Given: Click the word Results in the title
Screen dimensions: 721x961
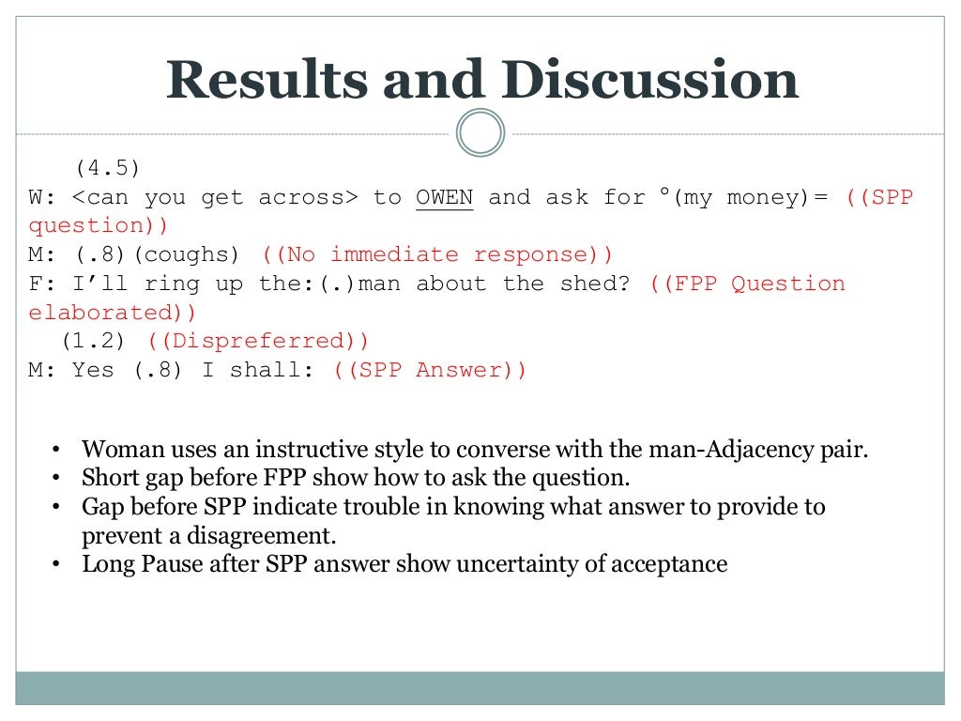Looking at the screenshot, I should [x=267, y=81].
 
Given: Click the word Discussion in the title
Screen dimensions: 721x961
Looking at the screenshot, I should [x=649, y=81].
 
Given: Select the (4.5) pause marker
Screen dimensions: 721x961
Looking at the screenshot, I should [x=107, y=168].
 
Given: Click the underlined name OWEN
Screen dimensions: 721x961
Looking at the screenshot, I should [x=445, y=197].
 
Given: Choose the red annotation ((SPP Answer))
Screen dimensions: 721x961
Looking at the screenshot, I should [x=430, y=370].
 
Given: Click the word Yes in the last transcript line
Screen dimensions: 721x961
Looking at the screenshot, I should [x=93, y=370].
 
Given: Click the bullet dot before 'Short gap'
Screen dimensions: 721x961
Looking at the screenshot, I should [x=56, y=478].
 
